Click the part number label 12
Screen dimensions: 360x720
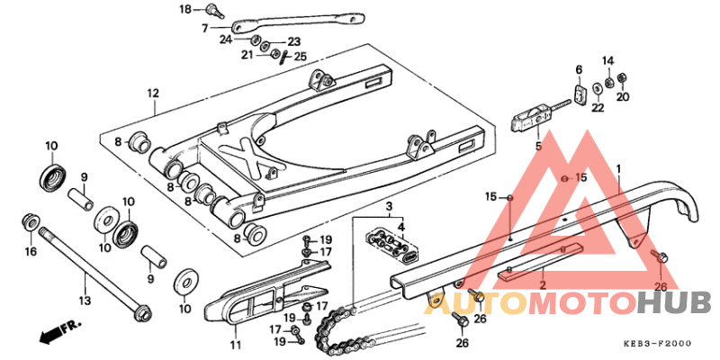153,93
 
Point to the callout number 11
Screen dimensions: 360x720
236,345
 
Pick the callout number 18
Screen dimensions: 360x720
185,10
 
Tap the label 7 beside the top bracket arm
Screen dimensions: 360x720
204,28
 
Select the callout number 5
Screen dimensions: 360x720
538,145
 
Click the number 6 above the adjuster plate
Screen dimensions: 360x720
579,69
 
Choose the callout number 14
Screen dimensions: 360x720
607,60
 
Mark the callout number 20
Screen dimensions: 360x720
623,97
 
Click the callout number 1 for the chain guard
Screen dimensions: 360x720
619,168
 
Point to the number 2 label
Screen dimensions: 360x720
543,285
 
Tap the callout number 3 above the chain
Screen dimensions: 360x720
389,207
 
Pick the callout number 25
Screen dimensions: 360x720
301,57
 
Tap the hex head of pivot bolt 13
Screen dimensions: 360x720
140,315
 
